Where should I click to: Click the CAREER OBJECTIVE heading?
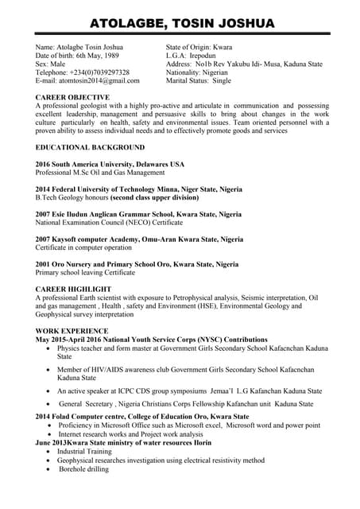click(75, 95)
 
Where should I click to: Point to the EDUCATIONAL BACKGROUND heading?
click(90, 148)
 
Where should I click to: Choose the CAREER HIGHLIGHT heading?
click(74, 289)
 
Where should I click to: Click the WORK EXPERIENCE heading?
click(72, 330)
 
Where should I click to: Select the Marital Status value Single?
click(222, 80)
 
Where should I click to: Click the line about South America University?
click(110, 164)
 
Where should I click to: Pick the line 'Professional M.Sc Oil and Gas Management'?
click(100, 173)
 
